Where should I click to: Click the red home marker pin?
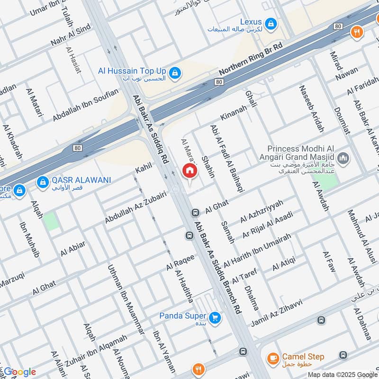[189, 171]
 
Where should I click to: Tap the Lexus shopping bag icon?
[270, 23]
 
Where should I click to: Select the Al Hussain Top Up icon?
[175, 72]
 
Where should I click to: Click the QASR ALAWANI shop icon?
[43, 181]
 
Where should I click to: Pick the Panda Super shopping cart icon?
[216, 317]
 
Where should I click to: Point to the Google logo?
[19, 372]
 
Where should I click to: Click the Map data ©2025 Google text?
[341, 374]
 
